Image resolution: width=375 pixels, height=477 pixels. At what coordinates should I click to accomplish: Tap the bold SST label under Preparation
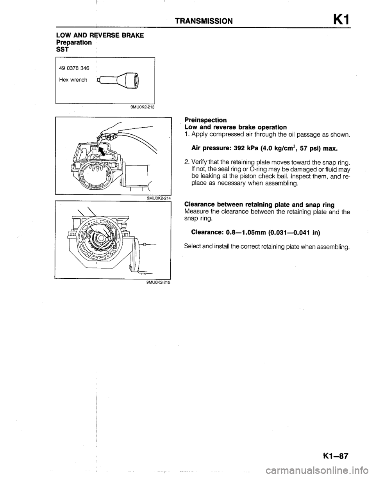click(x=61, y=48)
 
